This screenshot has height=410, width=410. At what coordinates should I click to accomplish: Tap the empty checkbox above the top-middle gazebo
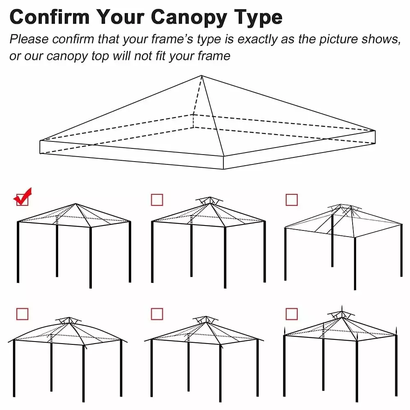(157, 200)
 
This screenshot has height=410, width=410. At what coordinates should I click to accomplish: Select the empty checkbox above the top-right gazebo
(292, 200)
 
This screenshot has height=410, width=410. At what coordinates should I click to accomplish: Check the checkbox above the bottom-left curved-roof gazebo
(22, 314)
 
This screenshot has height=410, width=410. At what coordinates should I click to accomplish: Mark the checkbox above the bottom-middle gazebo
(157, 314)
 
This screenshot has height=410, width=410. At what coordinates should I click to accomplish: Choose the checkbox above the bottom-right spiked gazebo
(292, 314)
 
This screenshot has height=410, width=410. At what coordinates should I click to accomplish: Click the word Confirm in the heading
(49, 17)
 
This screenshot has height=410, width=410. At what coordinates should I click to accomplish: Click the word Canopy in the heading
(187, 17)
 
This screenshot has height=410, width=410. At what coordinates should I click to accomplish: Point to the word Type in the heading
(258, 17)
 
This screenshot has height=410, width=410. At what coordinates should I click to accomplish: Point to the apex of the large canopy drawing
(201, 75)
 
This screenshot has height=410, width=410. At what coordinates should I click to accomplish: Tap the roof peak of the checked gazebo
(75, 204)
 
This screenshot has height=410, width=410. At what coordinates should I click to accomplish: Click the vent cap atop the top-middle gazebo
(209, 200)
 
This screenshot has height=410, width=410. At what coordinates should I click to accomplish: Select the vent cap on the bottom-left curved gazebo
(69, 320)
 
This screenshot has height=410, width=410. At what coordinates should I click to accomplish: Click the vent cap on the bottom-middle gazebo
(205, 319)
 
